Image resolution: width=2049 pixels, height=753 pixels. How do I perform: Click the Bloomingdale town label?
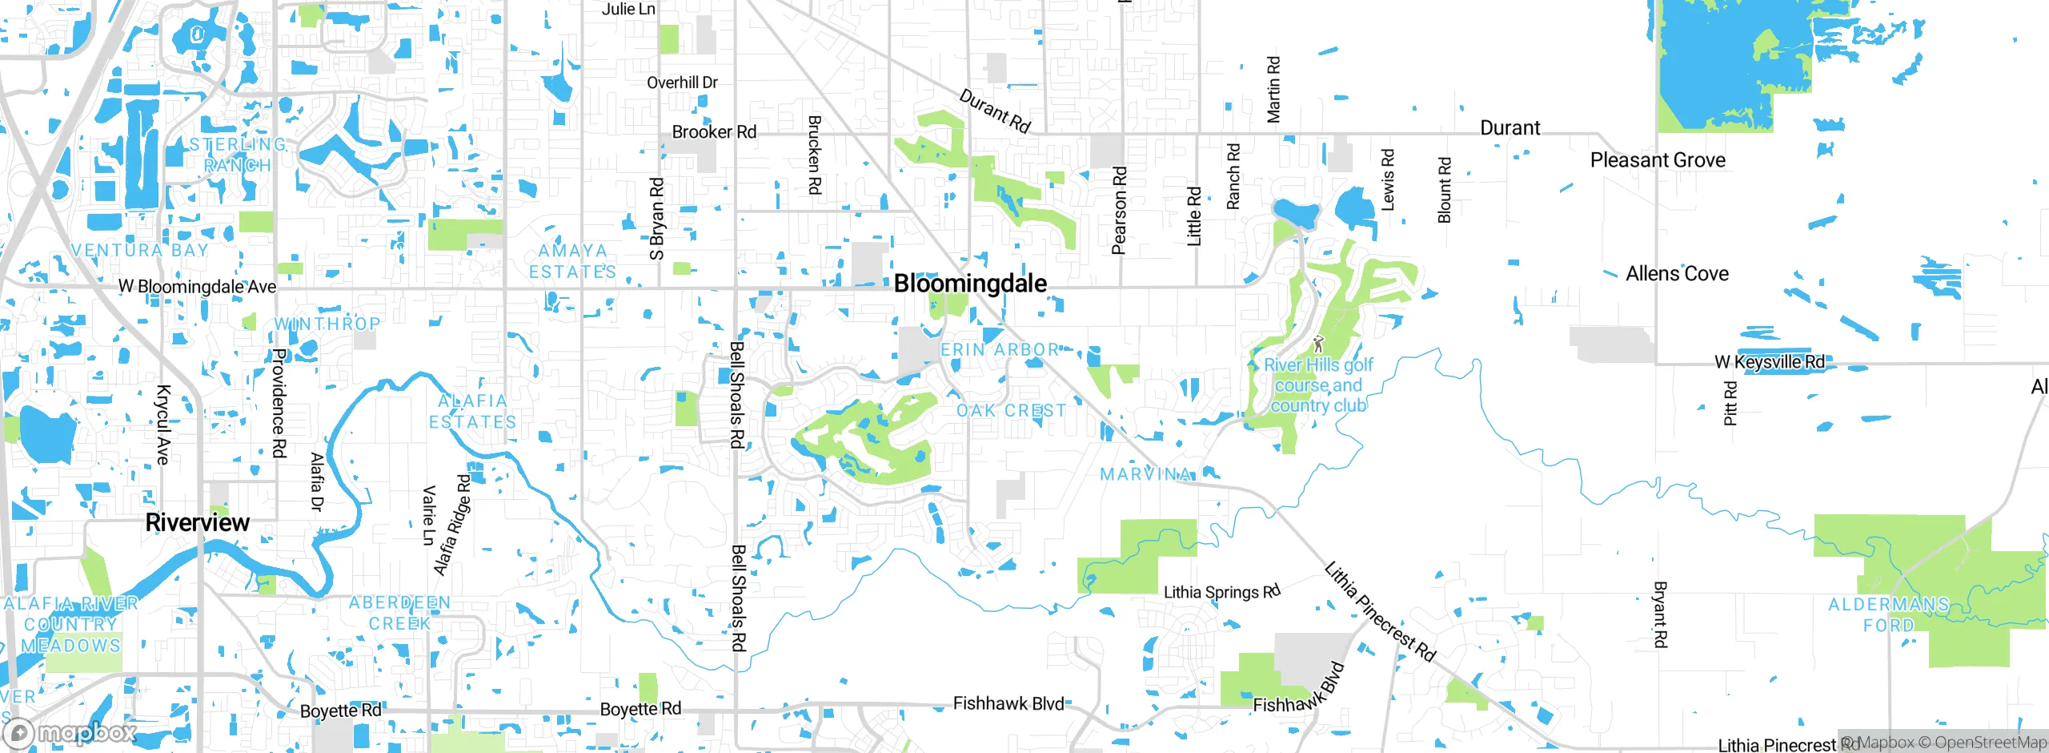970,284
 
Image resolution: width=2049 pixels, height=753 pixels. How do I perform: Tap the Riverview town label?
198,522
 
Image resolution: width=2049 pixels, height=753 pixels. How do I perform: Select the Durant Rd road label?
995,111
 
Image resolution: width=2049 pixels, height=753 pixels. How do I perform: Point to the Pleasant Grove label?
1658,160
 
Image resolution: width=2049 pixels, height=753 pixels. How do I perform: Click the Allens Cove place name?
1677,274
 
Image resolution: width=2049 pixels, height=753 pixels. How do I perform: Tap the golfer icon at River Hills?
1318,344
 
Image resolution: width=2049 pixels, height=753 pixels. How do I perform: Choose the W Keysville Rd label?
1770,362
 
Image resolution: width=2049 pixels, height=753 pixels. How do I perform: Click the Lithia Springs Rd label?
1221,592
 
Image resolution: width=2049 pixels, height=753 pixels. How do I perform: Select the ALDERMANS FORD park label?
1889,614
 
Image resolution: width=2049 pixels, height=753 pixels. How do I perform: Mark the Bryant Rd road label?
1661,614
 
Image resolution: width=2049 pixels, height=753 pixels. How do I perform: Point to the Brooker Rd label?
714,132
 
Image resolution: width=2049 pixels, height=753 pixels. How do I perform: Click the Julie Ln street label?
628,9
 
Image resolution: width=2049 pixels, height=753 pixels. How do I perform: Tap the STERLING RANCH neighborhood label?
237,155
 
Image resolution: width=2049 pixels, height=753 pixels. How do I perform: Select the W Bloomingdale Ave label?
197,287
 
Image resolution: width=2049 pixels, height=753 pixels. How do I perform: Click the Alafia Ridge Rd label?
452,525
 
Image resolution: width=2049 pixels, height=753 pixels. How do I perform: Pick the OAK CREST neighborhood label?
1012,411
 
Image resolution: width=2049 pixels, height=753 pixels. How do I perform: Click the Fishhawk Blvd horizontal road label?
1008,703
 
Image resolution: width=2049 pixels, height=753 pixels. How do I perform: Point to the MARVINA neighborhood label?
1145,474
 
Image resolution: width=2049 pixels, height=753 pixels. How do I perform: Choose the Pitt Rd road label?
1730,403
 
